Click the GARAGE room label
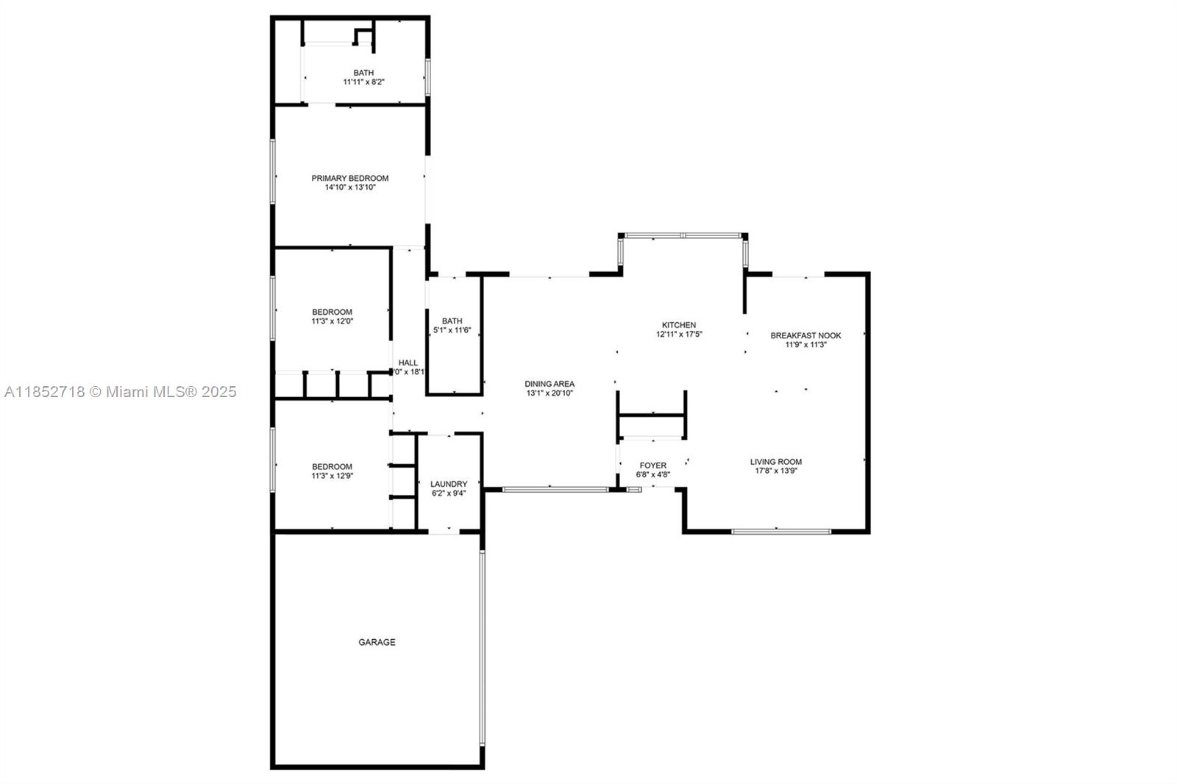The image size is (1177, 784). [x=377, y=642]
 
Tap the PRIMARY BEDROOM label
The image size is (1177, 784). [x=349, y=178]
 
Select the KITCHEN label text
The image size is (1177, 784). [x=678, y=325]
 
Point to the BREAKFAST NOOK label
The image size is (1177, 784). [x=806, y=335]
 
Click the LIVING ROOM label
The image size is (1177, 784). [x=775, y=462]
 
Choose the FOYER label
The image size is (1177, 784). [x=652, y=466]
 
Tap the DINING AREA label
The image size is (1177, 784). [x=549, y=384]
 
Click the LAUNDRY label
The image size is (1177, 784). [x=449, y=484]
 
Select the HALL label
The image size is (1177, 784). [x=408, y=363]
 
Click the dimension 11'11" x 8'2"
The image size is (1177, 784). [x=363, y=82]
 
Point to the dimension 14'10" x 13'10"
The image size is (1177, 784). [x=349, y=188]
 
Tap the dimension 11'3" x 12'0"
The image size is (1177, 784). [x=332, y=321]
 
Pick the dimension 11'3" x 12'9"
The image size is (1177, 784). [x=332, y=476]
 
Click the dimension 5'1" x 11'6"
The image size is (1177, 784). [x=452, y=330]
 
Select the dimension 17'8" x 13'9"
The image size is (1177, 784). [x=775, y=471]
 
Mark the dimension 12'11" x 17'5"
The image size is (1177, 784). [x=678, y=334]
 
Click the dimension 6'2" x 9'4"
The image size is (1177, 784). [x=449, y=493]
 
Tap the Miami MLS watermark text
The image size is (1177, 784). [x=121, y=392]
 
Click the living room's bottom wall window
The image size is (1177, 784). [x=781, y=530]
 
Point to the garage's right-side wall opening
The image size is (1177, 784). [x=483, y=647]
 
